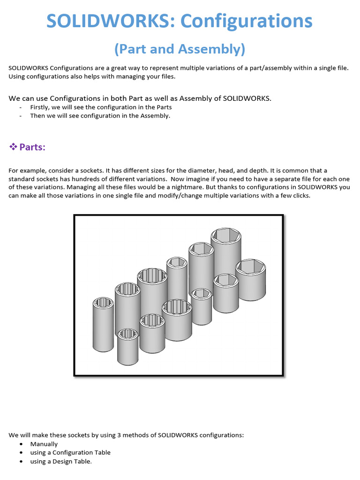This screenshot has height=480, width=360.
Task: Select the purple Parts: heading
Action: pyautogui.click(x=32, y=147)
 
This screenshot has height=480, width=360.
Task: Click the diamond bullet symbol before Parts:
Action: pyautogui.click(x=13, y=147)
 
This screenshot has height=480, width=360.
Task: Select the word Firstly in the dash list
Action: pyautogui.click(x=41, y=107)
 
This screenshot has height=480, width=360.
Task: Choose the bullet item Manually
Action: pyautogui.click(x=44, y=444)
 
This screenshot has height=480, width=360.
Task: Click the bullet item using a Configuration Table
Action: pyautogui.click(x=70, y=452)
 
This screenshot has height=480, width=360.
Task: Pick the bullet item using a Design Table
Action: pyautogui.click(x=61, y=461)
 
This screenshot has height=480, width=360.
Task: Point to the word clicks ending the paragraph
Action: pyautogui.click(x=301, y=195)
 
